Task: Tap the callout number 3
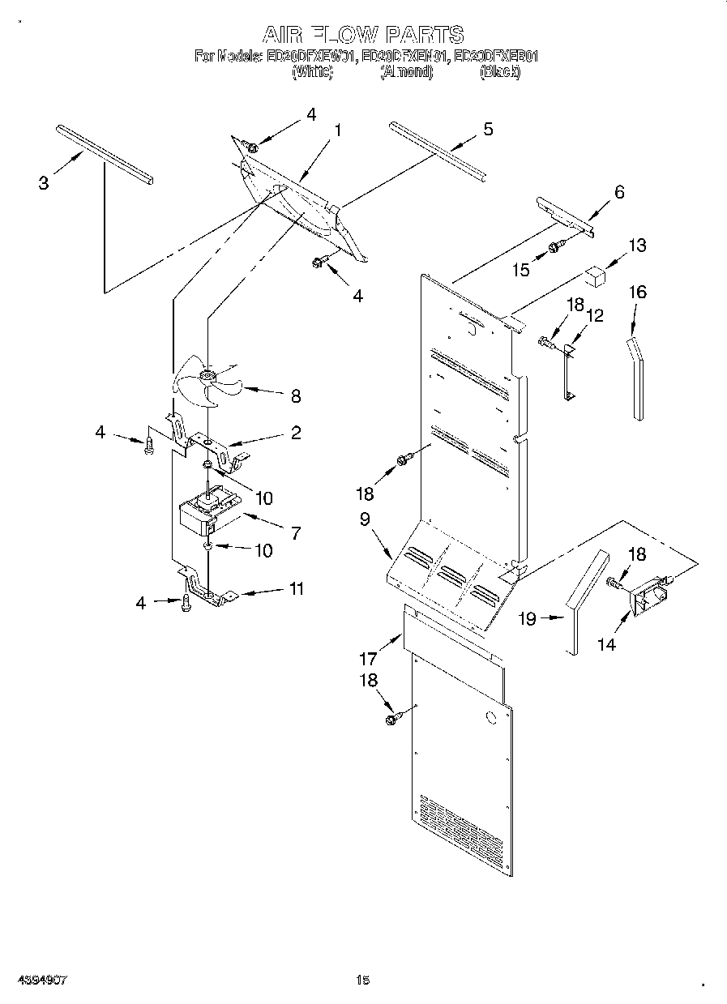[44, 182]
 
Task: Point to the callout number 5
[488, 129]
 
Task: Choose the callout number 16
[638, 293]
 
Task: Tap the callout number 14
[606, 644]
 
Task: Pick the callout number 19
[528, 619]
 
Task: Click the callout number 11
[297, 589]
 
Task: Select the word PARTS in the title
[424, 35]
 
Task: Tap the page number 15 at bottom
[362, 980]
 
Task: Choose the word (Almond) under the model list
[407, 72]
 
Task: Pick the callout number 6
[619, 192]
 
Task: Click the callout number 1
[337, 130]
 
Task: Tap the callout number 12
[595, 315]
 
